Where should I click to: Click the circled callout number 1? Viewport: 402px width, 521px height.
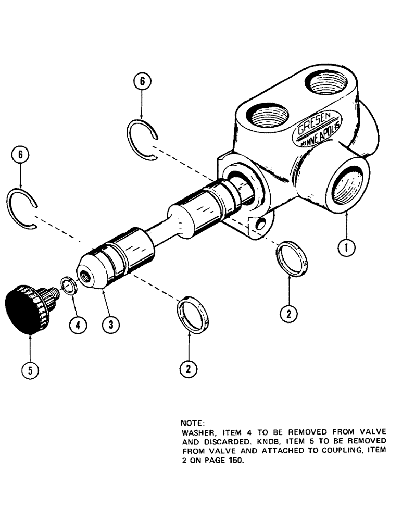tap(346, 248)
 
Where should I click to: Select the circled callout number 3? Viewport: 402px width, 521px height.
tap(110, 325)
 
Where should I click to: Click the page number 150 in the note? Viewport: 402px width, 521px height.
tap(235, 460)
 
